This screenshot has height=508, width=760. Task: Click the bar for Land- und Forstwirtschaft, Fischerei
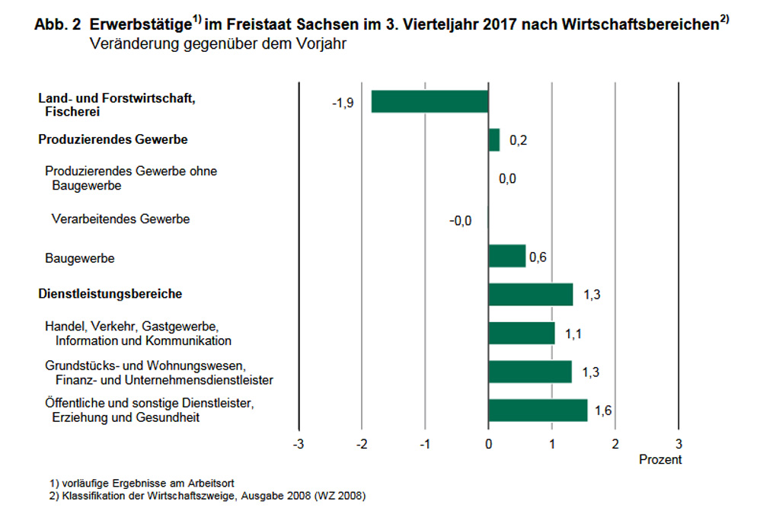point(429,101)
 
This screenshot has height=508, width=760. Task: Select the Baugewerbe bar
point(506,256)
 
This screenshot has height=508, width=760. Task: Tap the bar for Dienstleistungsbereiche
point(530,294)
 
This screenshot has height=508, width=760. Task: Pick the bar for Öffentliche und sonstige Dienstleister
point(538,411)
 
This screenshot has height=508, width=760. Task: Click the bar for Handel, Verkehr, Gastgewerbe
point(522,333)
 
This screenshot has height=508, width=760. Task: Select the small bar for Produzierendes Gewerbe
point(493,140)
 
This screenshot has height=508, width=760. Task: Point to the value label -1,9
point(342,102)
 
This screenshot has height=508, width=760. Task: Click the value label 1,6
point(603,411)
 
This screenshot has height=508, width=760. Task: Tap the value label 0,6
point(538,257)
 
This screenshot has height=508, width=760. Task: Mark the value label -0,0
point(460,221)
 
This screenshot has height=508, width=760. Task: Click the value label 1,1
point(573,334)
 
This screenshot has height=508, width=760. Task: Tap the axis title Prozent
point(660,460)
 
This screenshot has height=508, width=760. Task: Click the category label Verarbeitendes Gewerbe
point(120,219)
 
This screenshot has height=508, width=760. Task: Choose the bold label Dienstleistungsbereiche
point(110,293)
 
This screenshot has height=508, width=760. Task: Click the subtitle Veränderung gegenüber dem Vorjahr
point(218,44)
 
